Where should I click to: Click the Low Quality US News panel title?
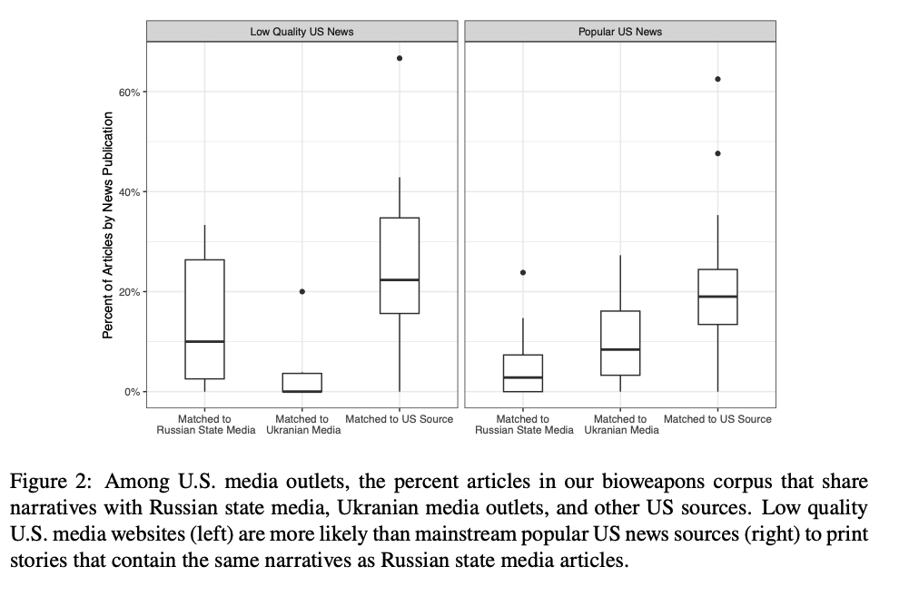[x=301, y=32]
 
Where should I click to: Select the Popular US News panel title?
[x=620, y=32]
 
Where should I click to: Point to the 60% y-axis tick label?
[x=127, y=93]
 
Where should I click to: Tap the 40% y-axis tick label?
[x=127, y=192]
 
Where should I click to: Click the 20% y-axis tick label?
[x=127, y=292]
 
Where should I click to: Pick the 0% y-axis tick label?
[x=130, y=392]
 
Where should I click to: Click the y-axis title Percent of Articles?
[x=107, y=225]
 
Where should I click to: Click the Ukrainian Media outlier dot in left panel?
[x=302, y=291]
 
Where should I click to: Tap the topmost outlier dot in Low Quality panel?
[x=400, y=58]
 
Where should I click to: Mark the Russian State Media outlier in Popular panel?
[x=523, y=272]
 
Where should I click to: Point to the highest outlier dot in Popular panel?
[x=717, y=79]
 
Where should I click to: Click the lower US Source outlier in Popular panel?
[x=717, y=153]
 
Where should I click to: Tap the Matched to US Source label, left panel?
[x=400, y=419]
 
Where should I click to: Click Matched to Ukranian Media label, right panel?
[x=621, y=425]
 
